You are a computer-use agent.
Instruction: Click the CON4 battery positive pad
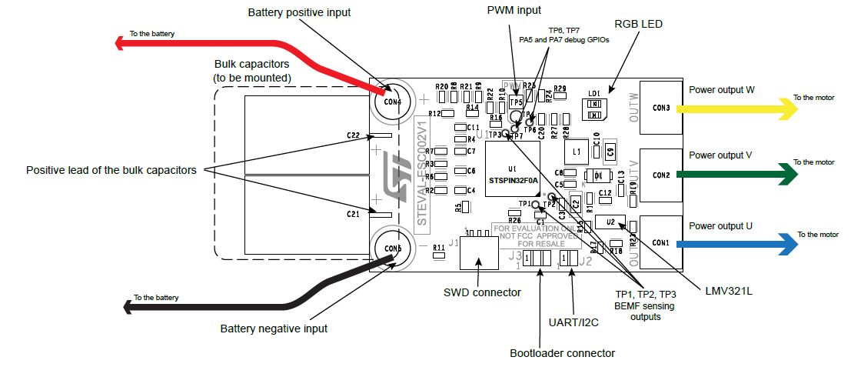392,101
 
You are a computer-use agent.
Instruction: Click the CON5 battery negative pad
392,247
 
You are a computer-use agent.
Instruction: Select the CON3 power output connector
661,107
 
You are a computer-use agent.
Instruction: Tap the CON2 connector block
661,175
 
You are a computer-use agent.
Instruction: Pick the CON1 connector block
661,242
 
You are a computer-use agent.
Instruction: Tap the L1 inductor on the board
576,151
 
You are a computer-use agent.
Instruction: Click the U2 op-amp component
610,222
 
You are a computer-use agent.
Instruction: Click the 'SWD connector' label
482,292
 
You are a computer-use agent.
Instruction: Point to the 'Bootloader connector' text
562,353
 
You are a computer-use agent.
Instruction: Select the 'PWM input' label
514,10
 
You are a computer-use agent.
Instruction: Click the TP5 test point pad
515,102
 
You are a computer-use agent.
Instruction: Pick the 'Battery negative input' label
274,329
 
